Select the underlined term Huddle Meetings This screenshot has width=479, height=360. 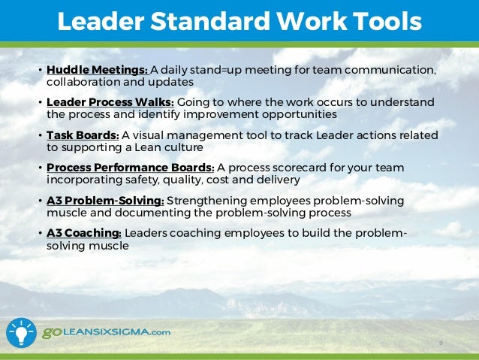click(x=97, y=71)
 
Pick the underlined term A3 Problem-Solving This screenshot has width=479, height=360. click(x=105, y=201)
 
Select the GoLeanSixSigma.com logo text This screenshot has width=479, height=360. click(x=106, y=332)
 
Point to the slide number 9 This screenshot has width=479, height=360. click(x=441, y=343)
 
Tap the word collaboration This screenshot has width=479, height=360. click(x=80, y=82)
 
